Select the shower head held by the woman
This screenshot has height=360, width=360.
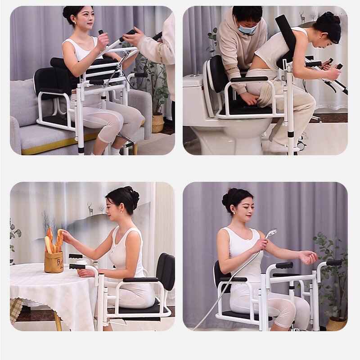coord(271,234)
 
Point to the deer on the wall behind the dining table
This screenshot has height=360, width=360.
coord(90,209)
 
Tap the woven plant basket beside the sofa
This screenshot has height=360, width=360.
coord(158,122)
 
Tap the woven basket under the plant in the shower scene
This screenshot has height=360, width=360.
coord(335,324)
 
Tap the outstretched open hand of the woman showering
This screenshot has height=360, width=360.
coord(309,257)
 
